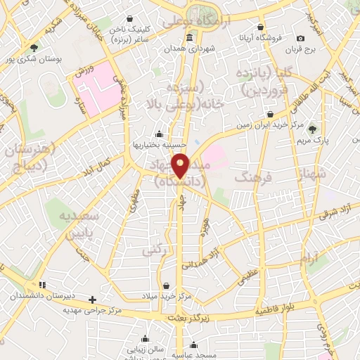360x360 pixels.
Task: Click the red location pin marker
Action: coord(181,166)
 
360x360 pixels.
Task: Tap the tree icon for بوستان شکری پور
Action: coord(34,47)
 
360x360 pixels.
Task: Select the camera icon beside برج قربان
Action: coord(301,38)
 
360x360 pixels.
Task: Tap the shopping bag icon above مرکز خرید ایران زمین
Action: coord(271,114)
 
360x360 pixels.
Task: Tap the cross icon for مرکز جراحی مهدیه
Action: coord(91,300)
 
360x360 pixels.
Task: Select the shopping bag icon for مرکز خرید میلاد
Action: coord(166,285)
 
